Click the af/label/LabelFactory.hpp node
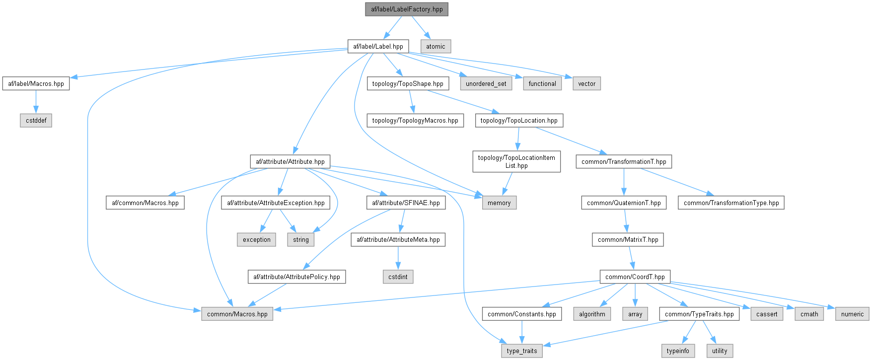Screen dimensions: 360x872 tap(407, 9)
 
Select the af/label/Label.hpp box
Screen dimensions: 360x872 tap(378, 46)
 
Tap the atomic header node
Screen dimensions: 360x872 tap(436, 46)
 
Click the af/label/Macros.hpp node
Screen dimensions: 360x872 tap(36, 83)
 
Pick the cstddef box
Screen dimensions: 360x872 tap(36, 120)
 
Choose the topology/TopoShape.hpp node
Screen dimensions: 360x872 tap(408, 83)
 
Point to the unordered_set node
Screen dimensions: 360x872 tap(486, 83)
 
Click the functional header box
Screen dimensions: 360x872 tap(542, 83)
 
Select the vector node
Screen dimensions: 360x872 tap(586, 83)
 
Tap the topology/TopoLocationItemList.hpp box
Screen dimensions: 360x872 tap(516, 161)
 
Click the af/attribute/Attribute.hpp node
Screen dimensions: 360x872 tap(290, 161)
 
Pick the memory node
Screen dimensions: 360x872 tap(499, 203)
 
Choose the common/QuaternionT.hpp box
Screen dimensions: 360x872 tap(624, 203)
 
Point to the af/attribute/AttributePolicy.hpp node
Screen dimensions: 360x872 tap(296, 277)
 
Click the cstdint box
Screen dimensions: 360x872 tap(398, 277)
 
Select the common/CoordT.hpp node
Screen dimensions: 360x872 tap(635, 277)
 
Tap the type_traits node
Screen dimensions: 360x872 tap(522, 351)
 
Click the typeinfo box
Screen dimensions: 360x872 tap(678, 351)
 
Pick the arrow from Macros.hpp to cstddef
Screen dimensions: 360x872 tap(36, 102)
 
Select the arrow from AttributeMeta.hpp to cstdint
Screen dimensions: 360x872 tap(398, 258)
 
